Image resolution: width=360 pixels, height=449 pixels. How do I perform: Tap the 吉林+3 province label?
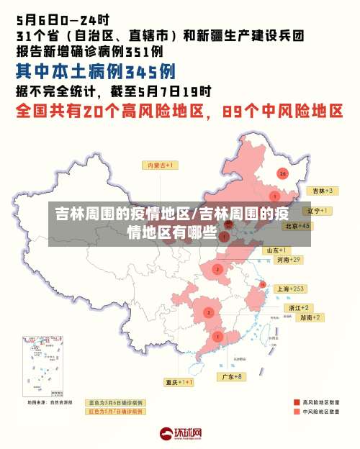(321, 191)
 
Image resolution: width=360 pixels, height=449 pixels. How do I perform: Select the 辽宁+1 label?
(317, 211)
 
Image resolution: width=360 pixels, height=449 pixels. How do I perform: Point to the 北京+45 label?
(297, 225)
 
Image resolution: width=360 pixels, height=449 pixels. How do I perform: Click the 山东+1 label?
(276, 250)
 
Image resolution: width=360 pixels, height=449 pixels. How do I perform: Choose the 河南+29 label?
(287, 259)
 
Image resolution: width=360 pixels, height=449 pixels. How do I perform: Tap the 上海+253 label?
(292, 289)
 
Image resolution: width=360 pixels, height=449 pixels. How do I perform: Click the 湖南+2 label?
(310, 317)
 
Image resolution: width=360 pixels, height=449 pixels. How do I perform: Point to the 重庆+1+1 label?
(179, 382)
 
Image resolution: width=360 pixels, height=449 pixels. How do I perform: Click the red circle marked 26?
(282, 173)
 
